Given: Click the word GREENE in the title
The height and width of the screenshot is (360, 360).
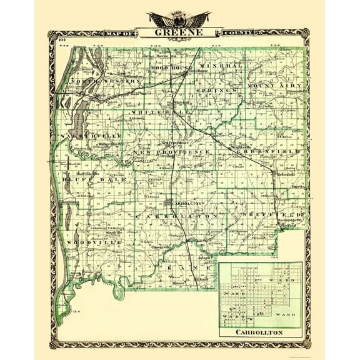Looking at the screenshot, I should tap(179, 32).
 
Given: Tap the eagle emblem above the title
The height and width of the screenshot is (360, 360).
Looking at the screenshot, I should tap(179, 18).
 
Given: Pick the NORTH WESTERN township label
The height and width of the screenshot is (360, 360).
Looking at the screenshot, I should tap(98, 81).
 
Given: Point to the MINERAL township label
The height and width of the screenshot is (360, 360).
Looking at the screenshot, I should tap(221, 65).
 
